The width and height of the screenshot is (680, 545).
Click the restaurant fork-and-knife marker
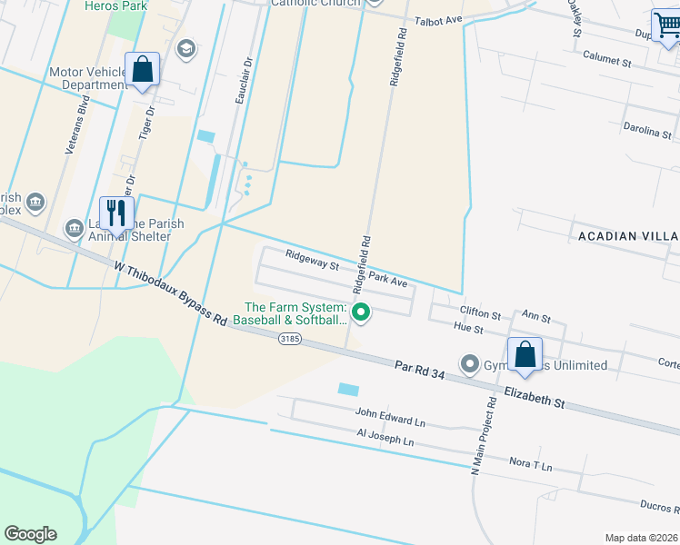point(115,214)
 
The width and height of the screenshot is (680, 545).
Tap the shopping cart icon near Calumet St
point(666,26)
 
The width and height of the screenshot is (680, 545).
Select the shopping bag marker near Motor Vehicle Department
point(143,69)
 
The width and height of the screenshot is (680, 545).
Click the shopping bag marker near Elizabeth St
point(525,354)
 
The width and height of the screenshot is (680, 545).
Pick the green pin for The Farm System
point(361,312)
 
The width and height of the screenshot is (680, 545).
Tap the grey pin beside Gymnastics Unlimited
point(470,364)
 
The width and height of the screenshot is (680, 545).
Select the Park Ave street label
point(388,279)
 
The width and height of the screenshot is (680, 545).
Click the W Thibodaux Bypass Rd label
point(170,293)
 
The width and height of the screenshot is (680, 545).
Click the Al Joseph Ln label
point(385,438)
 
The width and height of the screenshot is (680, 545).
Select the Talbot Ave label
point(439,20)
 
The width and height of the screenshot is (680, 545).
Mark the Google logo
point(30,534)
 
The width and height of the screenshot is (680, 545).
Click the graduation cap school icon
point(186,48)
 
